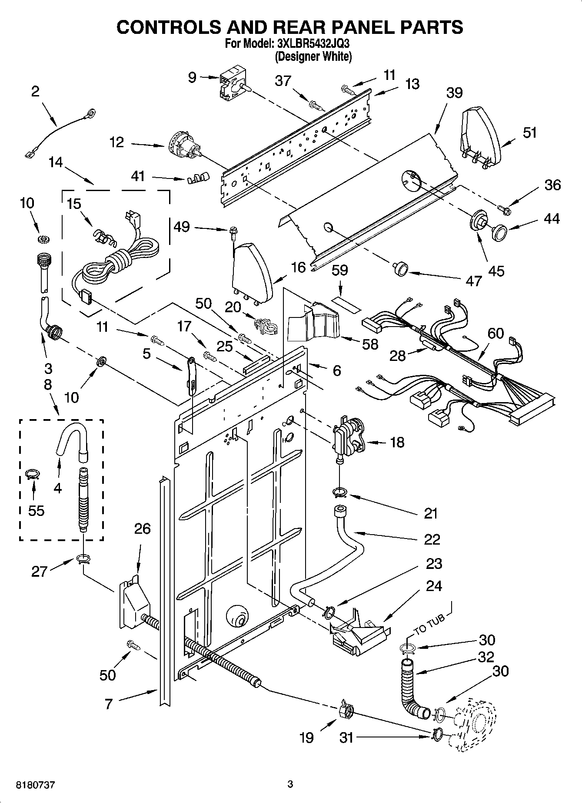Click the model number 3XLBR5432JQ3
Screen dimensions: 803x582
[313, 44]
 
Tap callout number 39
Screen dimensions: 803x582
[454, 93]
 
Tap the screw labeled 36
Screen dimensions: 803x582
[505, 210]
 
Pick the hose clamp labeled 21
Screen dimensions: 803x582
[340, 492]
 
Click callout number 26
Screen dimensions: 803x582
[142, 529]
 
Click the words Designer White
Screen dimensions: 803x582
[313, 56]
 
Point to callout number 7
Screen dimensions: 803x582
[108, 704]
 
